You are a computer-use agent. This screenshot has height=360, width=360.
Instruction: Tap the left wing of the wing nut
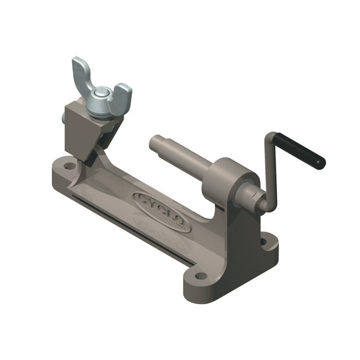click(x=82, y=74)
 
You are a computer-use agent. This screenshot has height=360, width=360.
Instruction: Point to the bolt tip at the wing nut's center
click(x=101, y=92)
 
